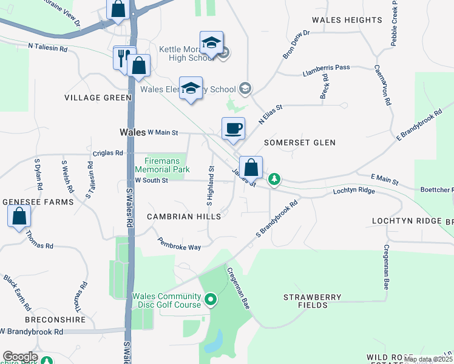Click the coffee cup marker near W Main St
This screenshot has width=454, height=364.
[x=233, y=129]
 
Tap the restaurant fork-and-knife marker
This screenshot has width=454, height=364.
[x=122, y=58]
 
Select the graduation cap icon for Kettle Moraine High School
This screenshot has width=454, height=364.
[x=211, y=43]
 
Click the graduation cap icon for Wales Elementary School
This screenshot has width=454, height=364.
[x=191, y=88]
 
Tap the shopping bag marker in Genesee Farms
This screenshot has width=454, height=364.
[x=19, y=216]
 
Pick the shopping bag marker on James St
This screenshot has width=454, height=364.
[x=251, y=167]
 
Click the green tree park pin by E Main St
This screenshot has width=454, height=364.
[x=274, y=178]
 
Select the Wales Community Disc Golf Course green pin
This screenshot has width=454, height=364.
[x=211, y=299]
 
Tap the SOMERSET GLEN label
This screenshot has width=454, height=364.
[x=300, y=143]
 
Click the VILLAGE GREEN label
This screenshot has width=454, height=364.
[x=98, y=97]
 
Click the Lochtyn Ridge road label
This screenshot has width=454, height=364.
[x=354, y=190]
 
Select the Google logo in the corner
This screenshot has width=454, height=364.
[x=20, y=357]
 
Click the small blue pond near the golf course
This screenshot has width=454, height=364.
[x=213, y=343]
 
